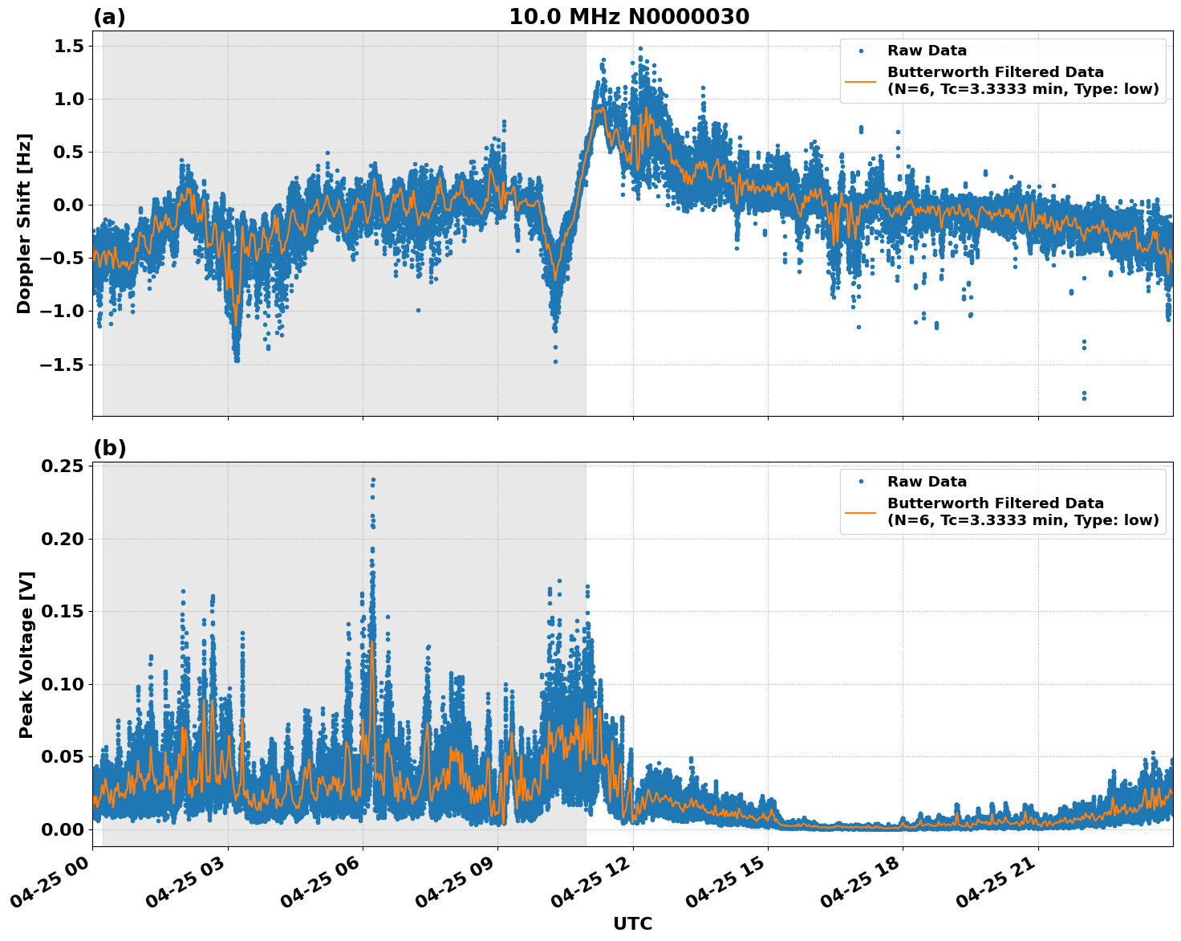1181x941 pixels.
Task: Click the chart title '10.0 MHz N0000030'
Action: click(x=628, y=17)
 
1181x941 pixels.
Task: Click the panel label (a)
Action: click(x=109, y=17)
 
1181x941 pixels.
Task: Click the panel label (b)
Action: click(x=109, y=448)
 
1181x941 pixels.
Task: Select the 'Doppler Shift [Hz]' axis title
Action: click(x=24, y=223)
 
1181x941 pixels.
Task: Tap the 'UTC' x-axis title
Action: click(x=632, y=923)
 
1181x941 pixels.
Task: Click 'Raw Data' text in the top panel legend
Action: click(x=927, y=51)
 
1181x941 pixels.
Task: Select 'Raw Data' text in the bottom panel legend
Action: click(x=927, y=482)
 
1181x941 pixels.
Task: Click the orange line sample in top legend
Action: click(x=861, y=81)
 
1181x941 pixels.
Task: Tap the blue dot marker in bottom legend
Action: click(x=861, y=482)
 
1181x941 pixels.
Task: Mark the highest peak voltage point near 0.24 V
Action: click(x=373, y=480)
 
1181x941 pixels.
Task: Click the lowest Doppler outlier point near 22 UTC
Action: click(x=1084, y=397)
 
